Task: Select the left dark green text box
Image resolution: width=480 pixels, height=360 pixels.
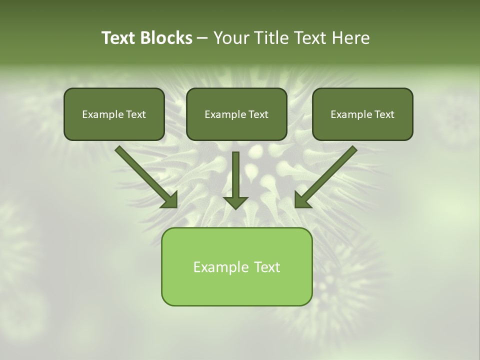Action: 114,114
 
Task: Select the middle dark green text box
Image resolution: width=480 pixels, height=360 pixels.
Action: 236,114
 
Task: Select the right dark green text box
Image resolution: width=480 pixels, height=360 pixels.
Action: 362,114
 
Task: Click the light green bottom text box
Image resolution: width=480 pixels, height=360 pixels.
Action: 236,266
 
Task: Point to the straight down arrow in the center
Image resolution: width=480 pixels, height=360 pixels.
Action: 235,177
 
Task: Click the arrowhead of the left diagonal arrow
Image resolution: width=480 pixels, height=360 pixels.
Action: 170,200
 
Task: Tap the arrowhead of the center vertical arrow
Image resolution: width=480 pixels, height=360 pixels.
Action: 235,202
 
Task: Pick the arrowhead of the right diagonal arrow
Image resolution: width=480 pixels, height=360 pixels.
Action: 302,200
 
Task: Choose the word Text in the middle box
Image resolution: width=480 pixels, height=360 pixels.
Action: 258,114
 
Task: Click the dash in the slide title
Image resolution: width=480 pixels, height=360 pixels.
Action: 202,38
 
